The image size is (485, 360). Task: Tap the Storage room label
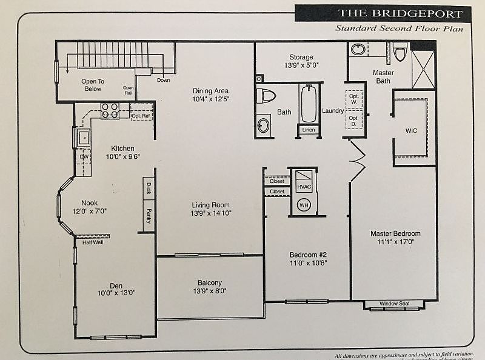click(301, 57)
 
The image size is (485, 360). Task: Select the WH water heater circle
click(304, 205)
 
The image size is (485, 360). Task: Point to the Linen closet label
click(308, 130)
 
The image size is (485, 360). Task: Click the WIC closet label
click(412, 130)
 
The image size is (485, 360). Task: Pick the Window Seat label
click(395, 304)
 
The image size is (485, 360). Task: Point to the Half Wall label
click(93, 242)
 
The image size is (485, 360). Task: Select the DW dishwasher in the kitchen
click(84, 158)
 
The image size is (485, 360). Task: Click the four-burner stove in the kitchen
click(110, 110)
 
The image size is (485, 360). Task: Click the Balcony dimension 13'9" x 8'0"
click(210, 292)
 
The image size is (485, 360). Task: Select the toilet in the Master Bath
click(399, 53)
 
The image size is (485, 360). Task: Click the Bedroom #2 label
click(307, 254)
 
